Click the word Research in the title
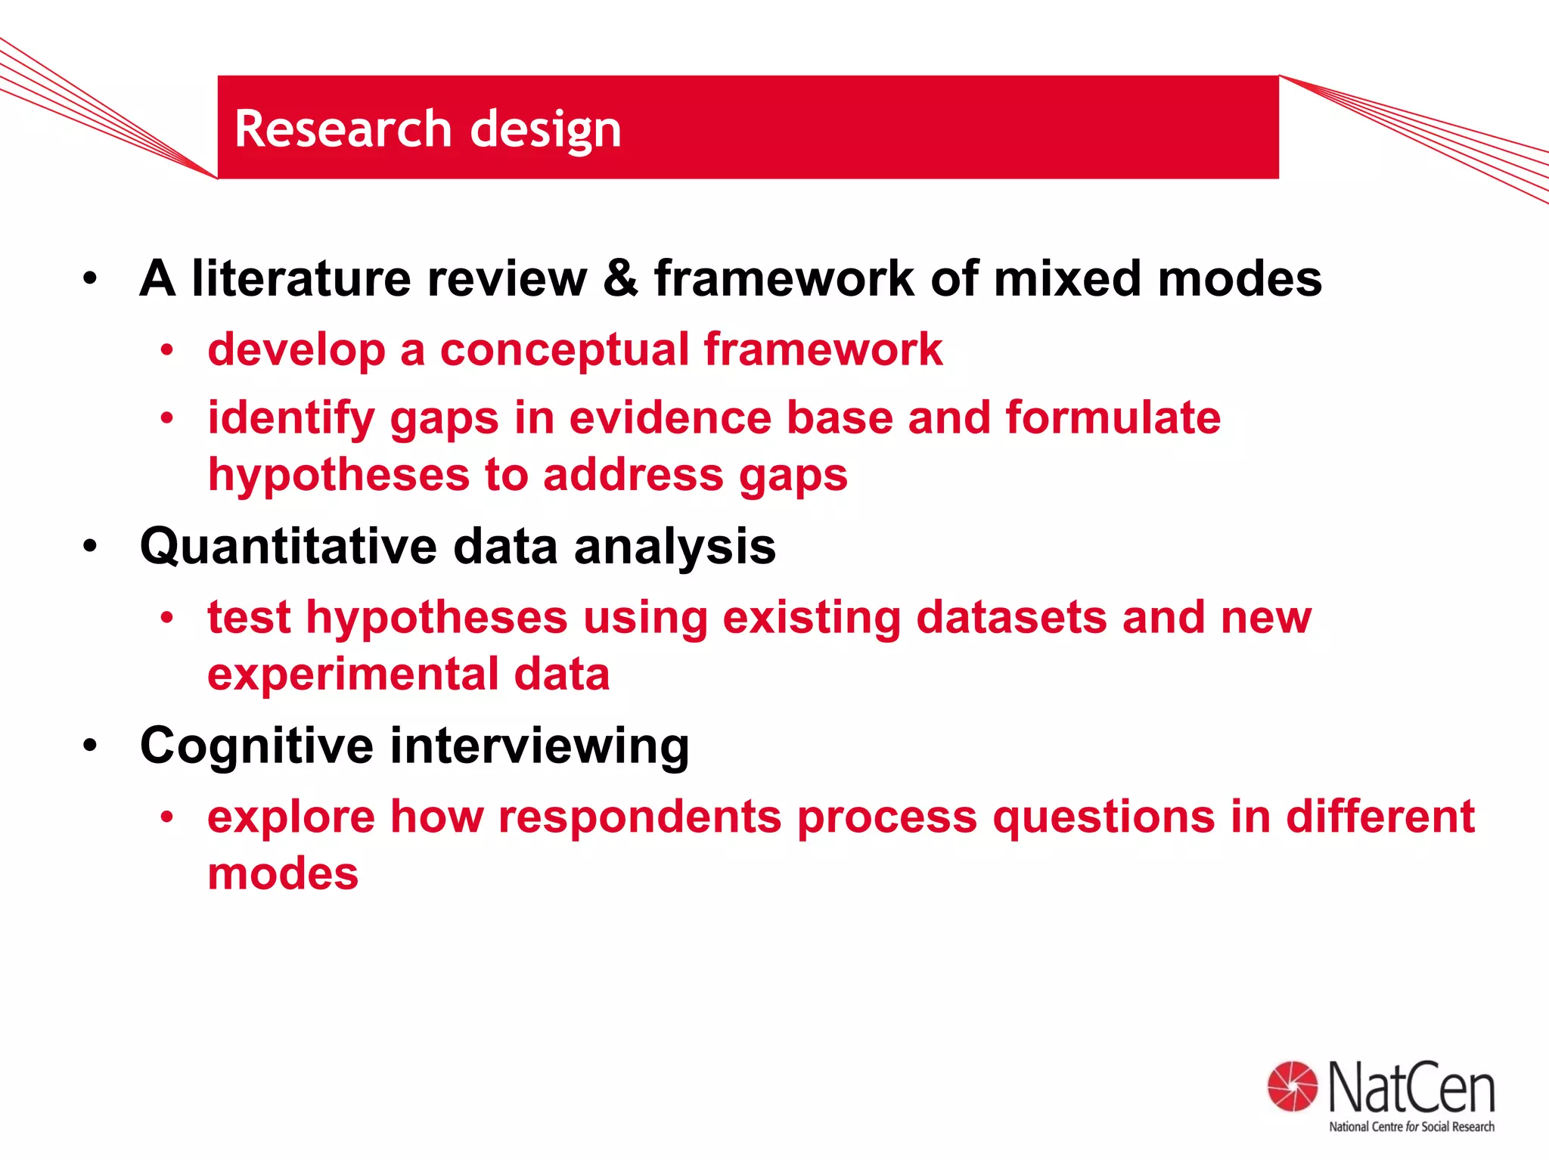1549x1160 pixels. [x=343, y=128]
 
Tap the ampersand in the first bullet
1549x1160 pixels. [x=620, y=278]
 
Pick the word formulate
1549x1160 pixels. [x=1113, y=417]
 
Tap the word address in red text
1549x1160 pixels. [x=632, y=475]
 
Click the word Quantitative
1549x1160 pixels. [x=288, y=546]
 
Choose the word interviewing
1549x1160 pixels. [x=539, y=746]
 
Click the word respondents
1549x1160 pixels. [x=640, y=817]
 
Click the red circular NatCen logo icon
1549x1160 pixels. [x=1292, y=1087]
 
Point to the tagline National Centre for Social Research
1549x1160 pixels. [x=1411, y=1127]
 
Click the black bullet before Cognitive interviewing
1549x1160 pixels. [x=91, y=746]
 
